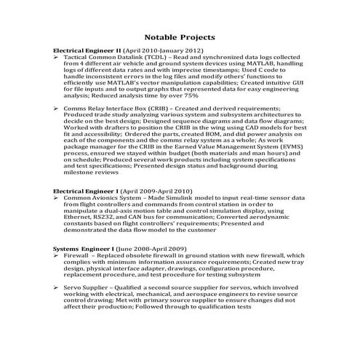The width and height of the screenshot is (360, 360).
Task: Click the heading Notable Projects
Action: [179, 36]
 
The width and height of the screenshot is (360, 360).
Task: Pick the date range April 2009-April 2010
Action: [159, 190]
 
